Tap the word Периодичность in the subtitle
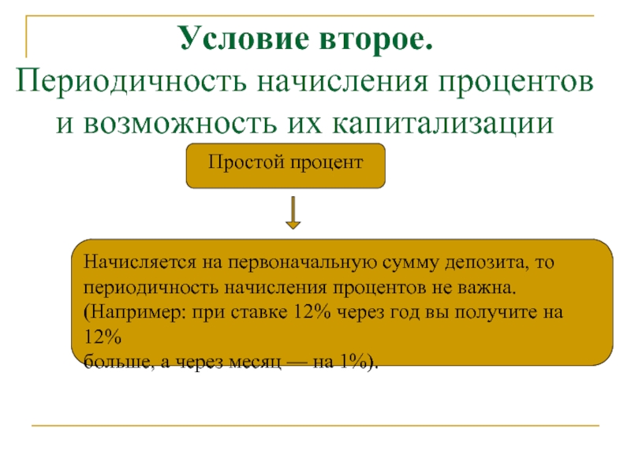click(131, 81)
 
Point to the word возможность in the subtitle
click(181, 123)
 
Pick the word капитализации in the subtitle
click(443, 124)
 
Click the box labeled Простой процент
click(286, 166)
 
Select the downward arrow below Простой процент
click(293, 213)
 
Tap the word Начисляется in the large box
click(140, 263)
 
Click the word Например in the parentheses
click(135, 312)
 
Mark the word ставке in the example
click(259, 313)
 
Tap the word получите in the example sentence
click(496, 313)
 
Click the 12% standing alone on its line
click(103, 337)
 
